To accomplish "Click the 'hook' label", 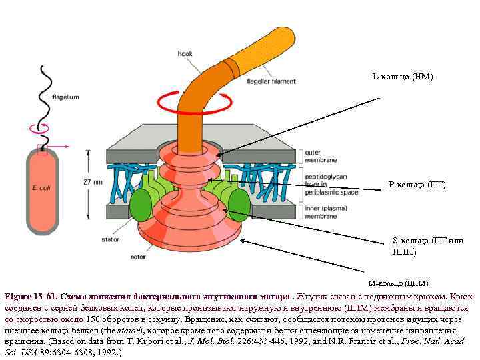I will (x=185, y=53).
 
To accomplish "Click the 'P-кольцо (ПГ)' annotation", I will (x=417, y=184).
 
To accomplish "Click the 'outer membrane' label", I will (x=319, y=156).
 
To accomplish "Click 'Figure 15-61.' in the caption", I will (x=30, y=296).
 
